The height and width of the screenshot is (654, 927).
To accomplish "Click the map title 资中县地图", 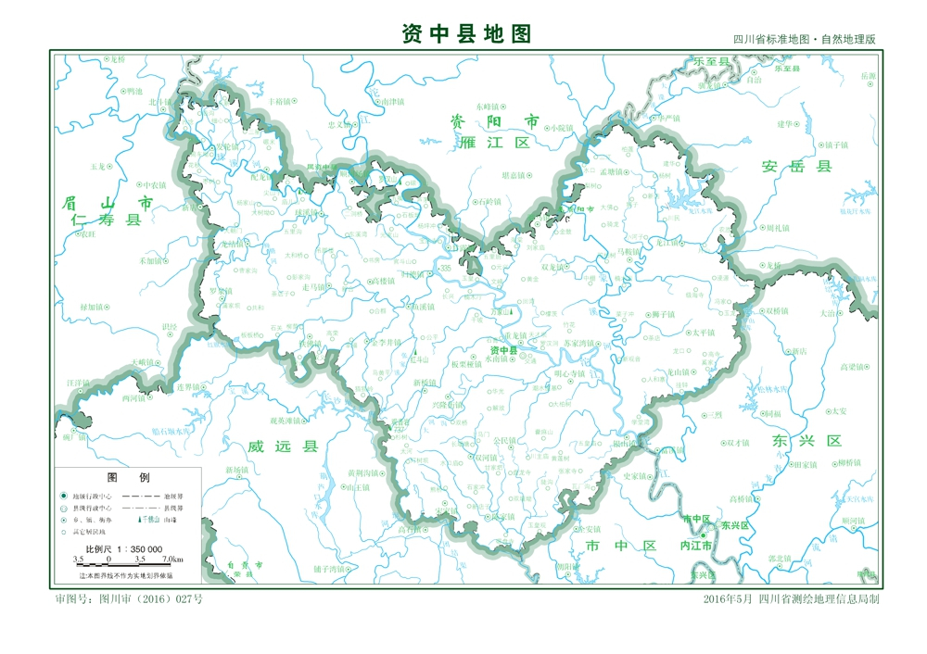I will coord(466,34).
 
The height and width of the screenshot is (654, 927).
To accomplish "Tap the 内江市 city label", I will coord(696,547).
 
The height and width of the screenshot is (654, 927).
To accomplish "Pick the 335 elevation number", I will coord(446,269).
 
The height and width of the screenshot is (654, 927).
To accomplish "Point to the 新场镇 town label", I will coord(237,471).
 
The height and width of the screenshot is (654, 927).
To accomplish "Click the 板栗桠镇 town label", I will coord(467,364).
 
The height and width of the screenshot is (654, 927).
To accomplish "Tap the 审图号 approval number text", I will coord(129,599).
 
